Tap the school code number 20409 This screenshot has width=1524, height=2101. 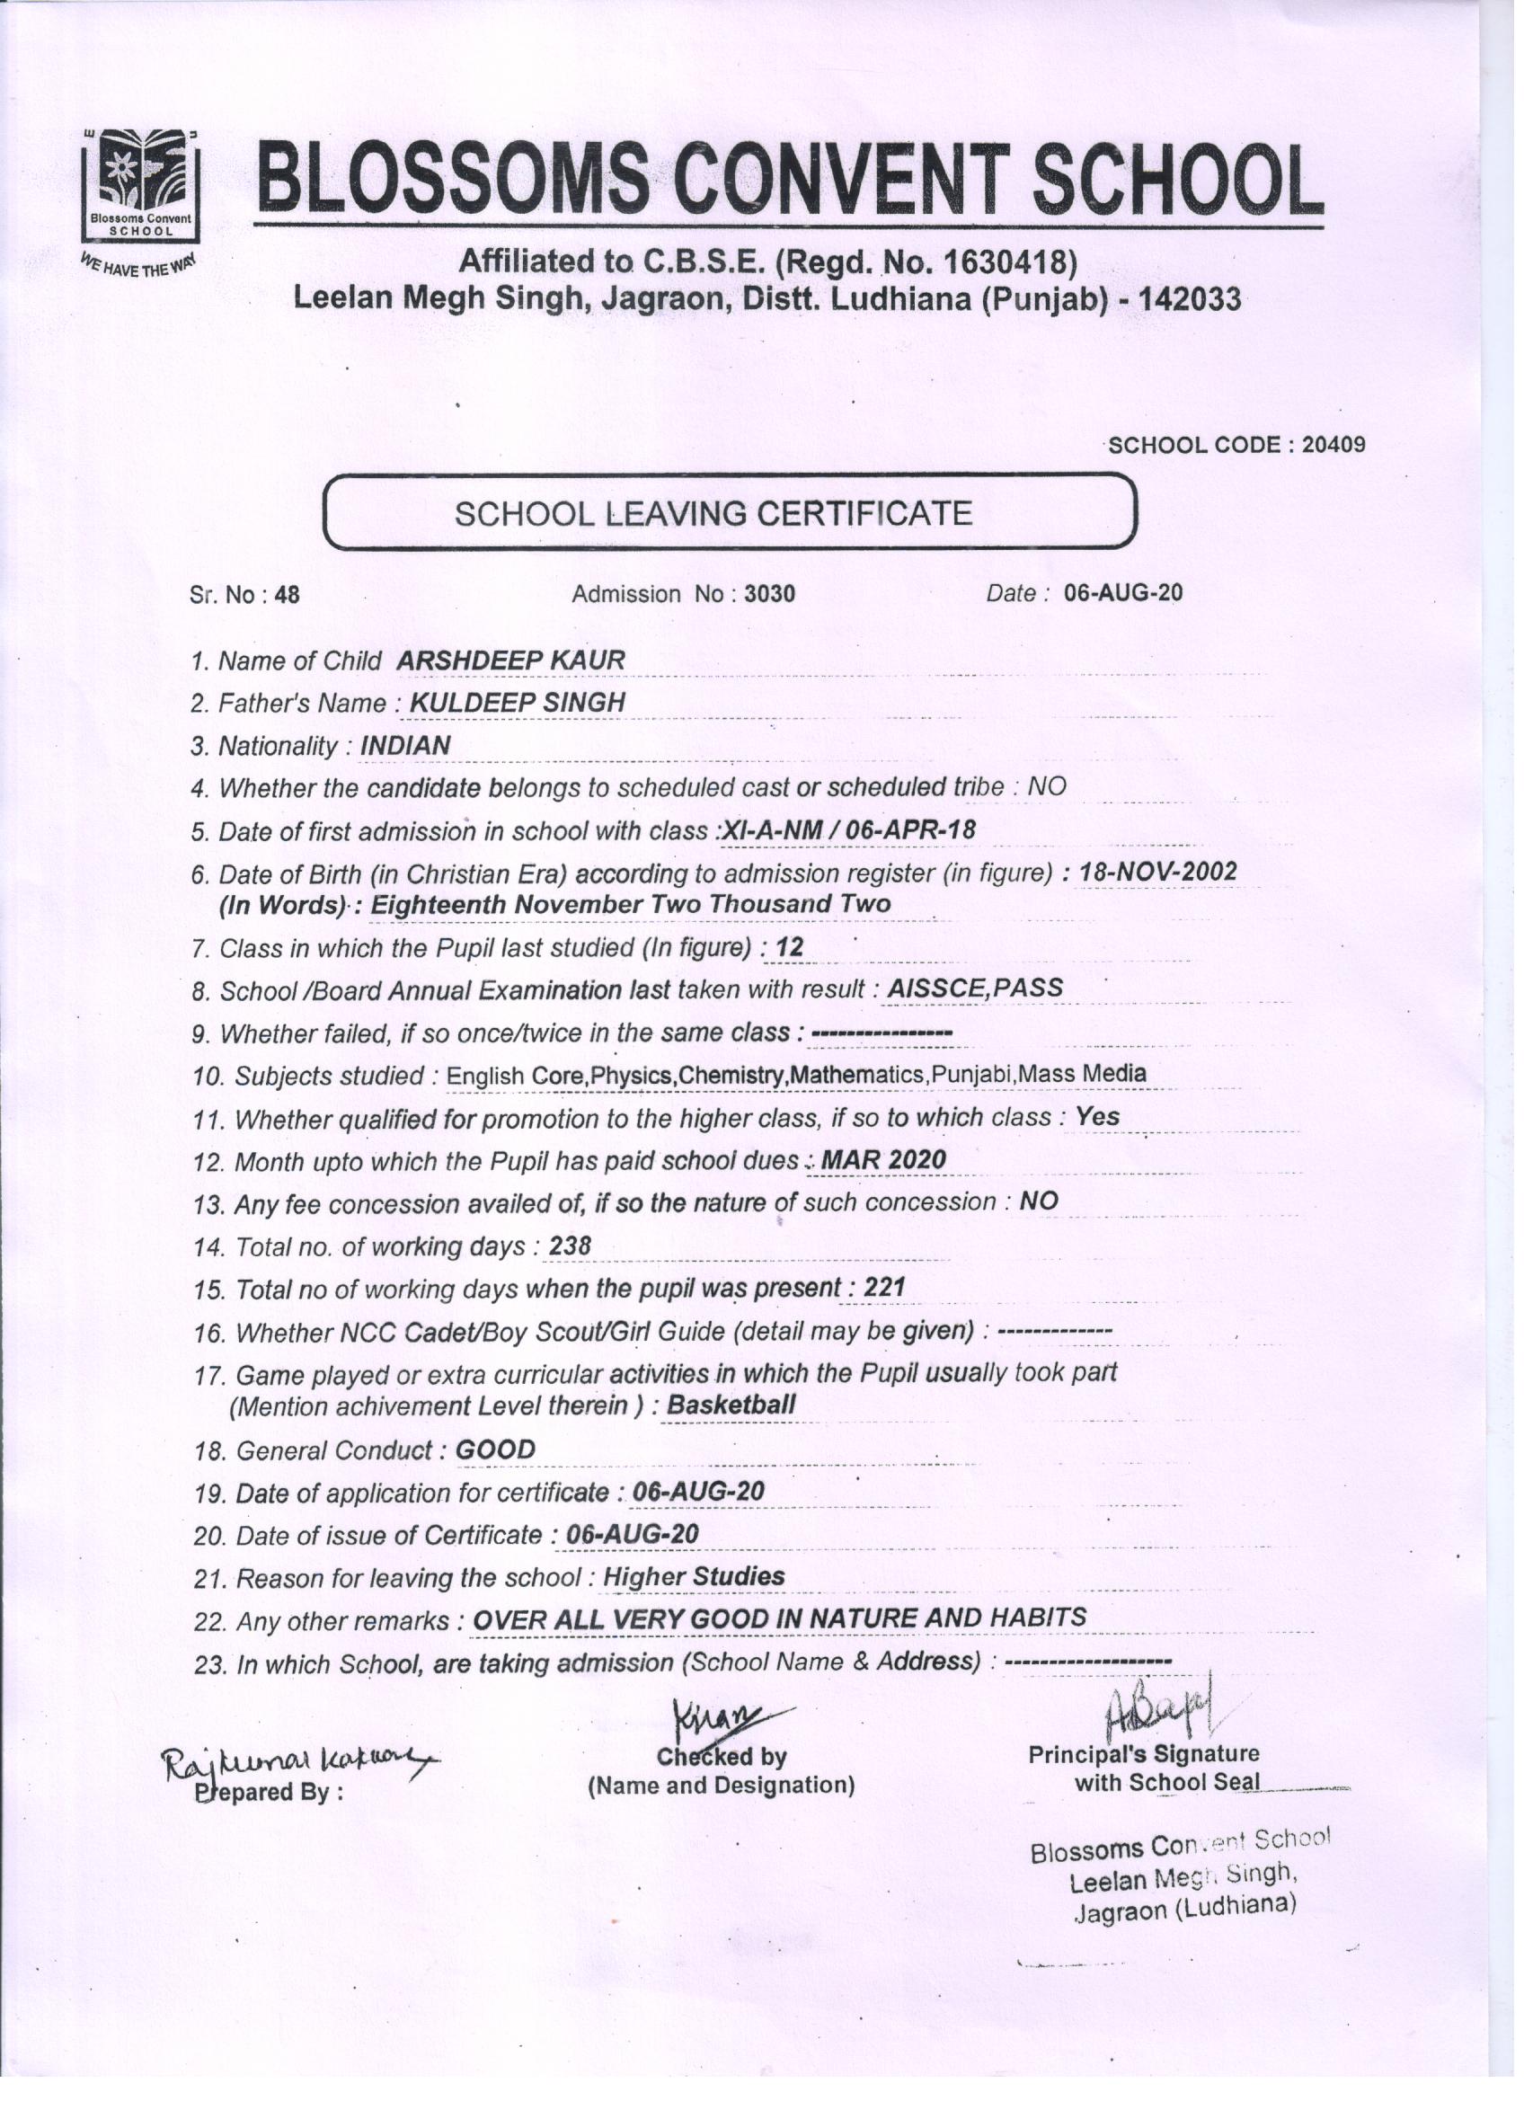pos(1333,445)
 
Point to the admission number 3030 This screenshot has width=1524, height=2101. pos(769,594)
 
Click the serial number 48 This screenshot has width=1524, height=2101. pos(288,595)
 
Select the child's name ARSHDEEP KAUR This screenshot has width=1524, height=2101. pos(510,660)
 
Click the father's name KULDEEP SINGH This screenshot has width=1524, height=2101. pos(517,703)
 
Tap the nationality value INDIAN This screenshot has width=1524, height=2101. pos(406,746)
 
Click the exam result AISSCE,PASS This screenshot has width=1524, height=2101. pos(975,988)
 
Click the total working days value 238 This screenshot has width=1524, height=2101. pos(570,1247)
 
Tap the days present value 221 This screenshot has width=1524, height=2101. pos(884,1288)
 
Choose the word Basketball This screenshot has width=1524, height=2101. pos(731,1405)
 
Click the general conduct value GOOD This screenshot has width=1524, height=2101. pos(496,1449)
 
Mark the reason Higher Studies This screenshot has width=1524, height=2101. pos(693,1577)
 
